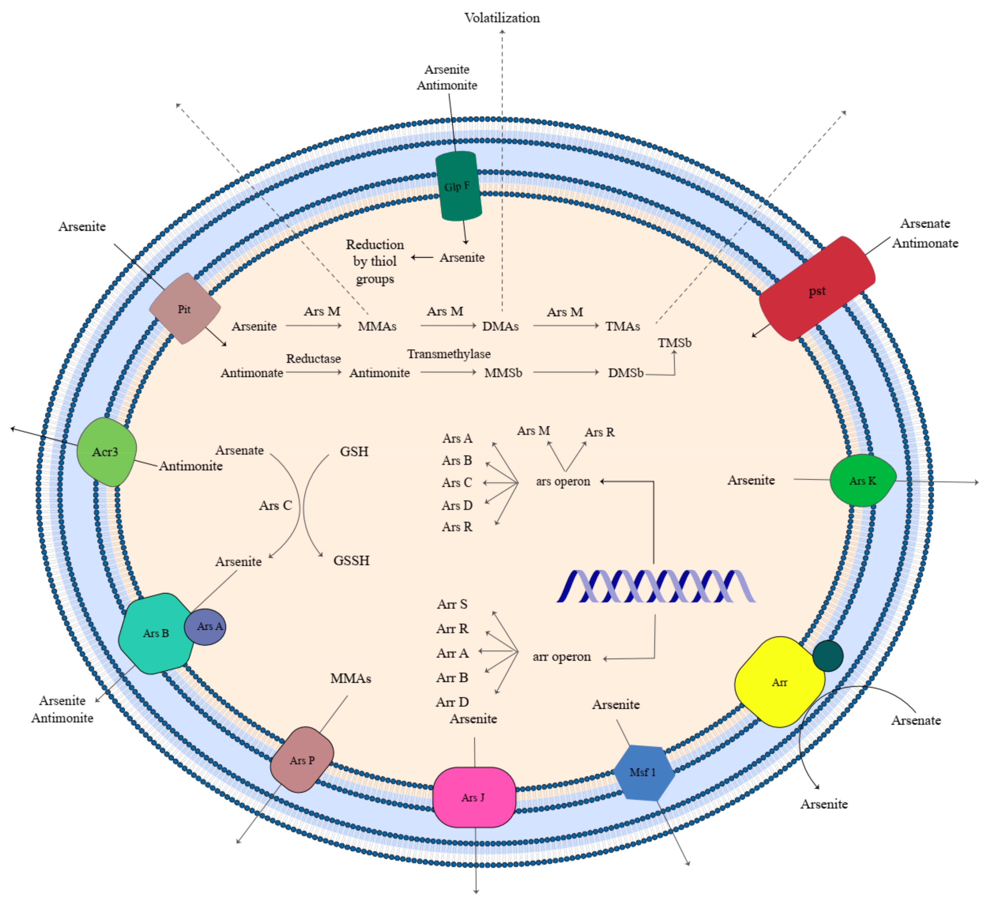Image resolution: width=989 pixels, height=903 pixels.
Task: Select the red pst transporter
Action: point(817,290)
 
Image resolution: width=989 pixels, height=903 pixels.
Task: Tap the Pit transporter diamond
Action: point(185,309)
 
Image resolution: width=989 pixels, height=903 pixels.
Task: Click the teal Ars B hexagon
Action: point(156,633)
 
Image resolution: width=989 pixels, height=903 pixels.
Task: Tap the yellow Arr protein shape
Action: point(779,682)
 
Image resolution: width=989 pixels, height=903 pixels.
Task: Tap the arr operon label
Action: point(562,657)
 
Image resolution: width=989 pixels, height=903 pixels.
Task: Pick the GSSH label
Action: point(351,560)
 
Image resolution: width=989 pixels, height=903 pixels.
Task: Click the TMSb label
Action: point(674,343)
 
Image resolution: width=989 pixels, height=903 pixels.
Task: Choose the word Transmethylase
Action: point(448,354)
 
